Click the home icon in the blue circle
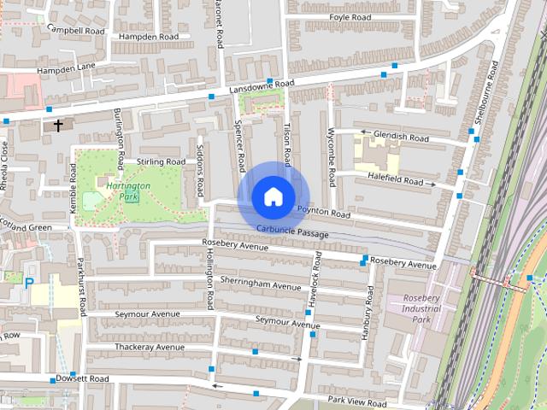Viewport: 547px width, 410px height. pyautogui.click(x=272, y=196)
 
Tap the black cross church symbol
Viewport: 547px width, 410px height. pyautogui.click(x=58, y=126)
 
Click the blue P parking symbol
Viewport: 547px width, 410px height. pyautogui.click(x=29, y=283)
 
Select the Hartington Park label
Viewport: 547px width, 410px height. pyautogui.click(x=129, y=191)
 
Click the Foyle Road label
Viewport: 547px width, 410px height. pyautogui.click(x=351, y=17)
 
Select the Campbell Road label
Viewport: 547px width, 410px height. pyautogui.click(x=76, y=29)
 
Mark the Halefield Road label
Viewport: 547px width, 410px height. pyautogui.click(x=396, y=181)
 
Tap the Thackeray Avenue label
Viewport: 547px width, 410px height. pyautogui.click(x=150, y=347)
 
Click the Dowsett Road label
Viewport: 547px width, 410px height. pyautogui.click(x=82, y=378)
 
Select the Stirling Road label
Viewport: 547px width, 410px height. pyautogui.click(x=161, y=161)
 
